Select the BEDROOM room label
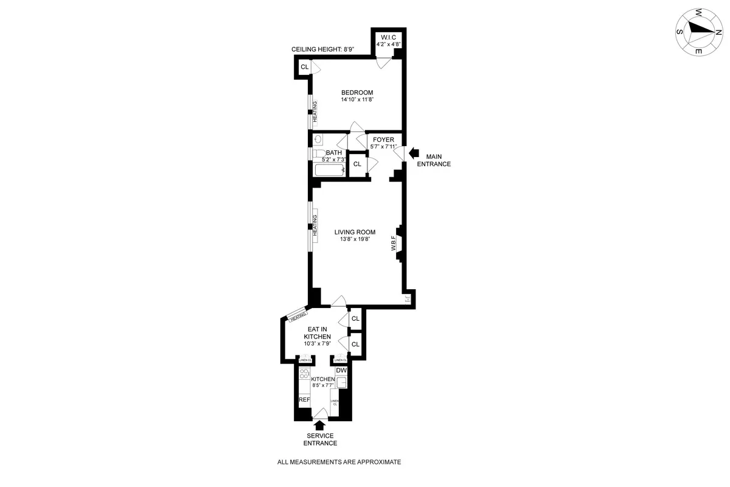[356, 93]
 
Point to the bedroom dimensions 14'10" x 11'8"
[356, 100]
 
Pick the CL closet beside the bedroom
[304, 67]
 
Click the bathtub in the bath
[329, 170]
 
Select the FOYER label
[384, 140]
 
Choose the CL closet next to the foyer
[357, 164]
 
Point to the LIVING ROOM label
[355, 232]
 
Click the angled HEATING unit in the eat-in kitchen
[297, 317]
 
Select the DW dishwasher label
[341, 370]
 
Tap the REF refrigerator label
[304, 400]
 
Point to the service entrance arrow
[320, 426]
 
